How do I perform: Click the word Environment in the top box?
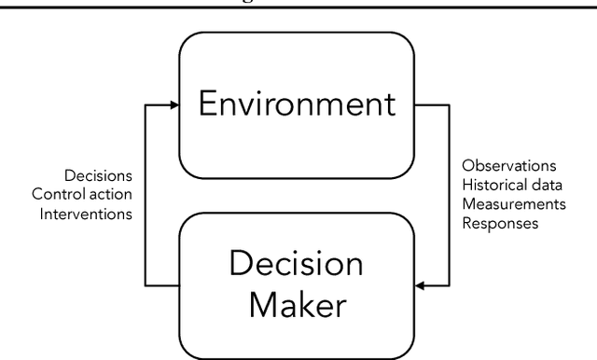[298, 104]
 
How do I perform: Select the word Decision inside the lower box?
[298, 264]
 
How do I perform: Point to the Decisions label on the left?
[98, 175]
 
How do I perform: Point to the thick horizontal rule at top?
[298, 7]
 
